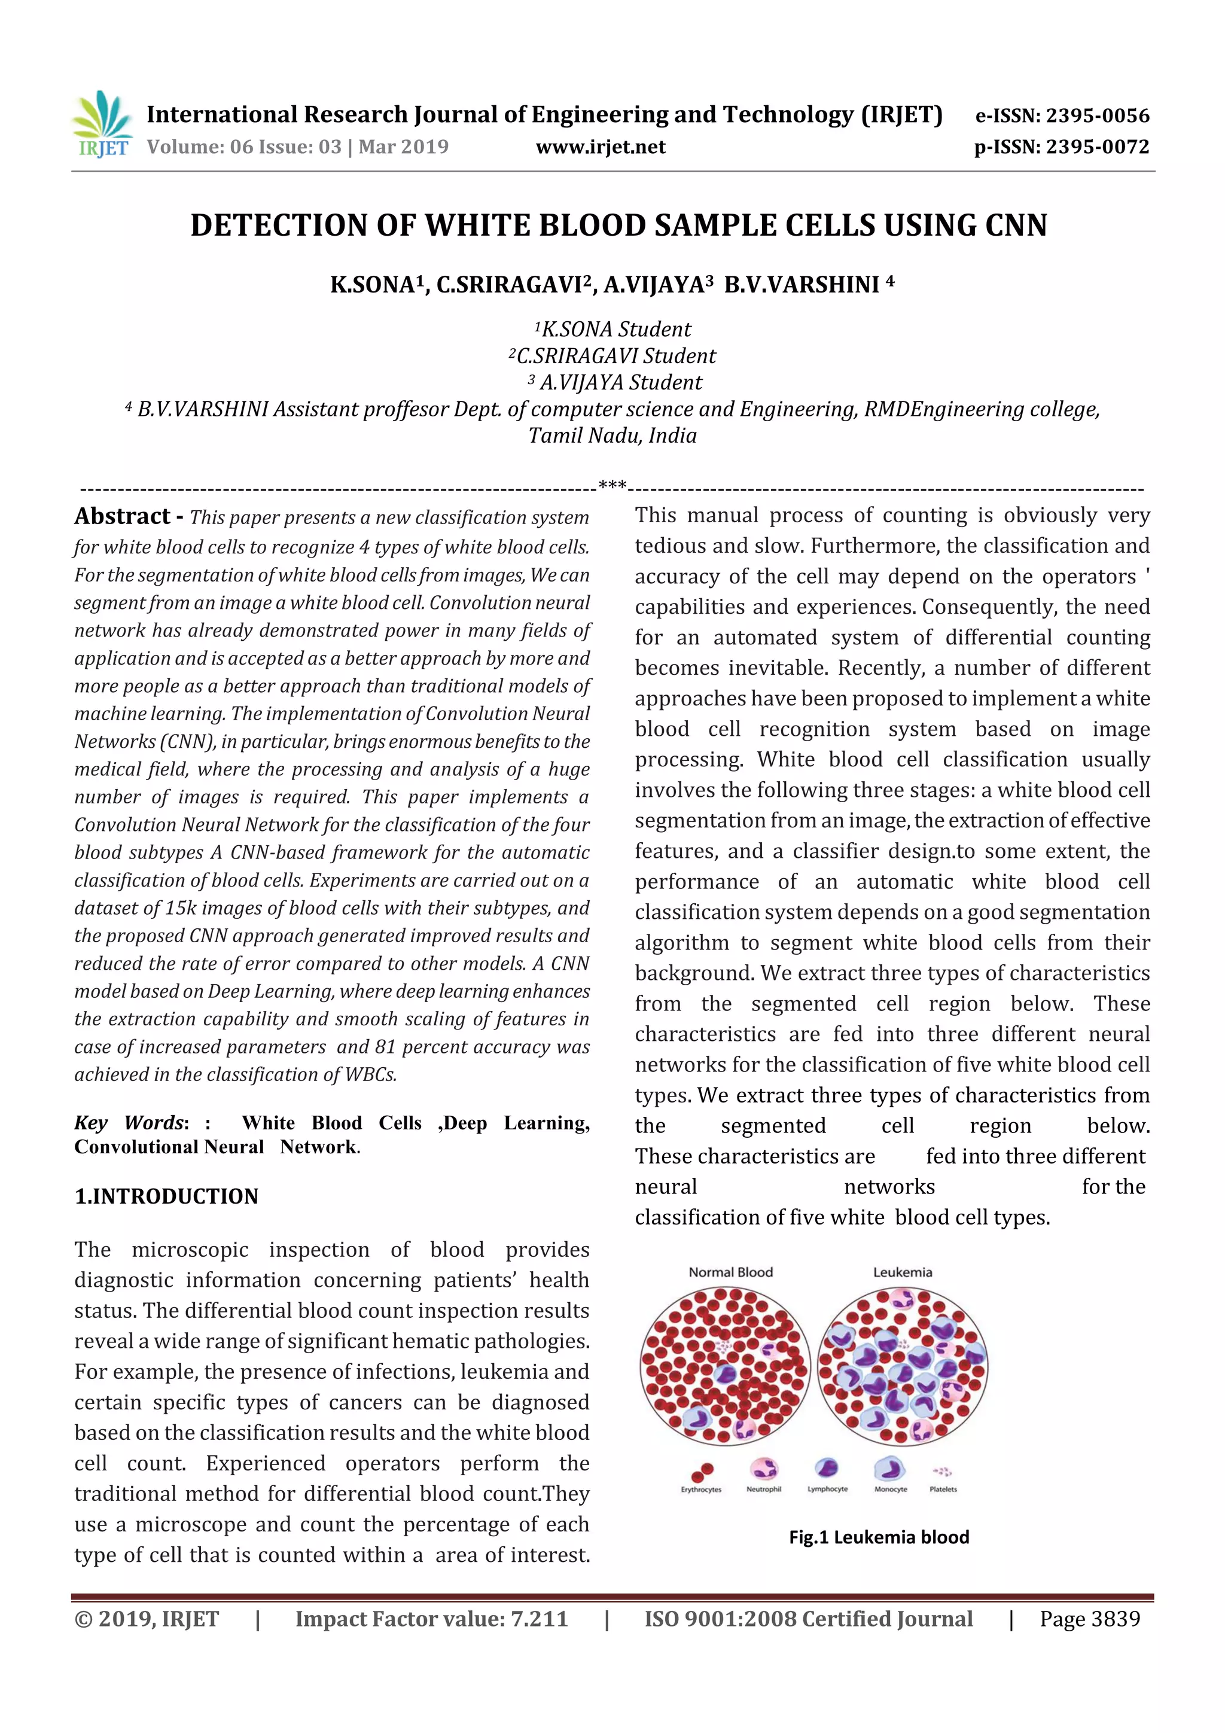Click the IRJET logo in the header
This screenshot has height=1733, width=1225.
coord(101,125)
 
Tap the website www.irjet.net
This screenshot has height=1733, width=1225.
coord(600,147)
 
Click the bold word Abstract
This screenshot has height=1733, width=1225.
coord(122,516)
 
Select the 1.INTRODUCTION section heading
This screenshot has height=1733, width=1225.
coord(166,1196)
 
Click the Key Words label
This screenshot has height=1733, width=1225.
coord(129,1123)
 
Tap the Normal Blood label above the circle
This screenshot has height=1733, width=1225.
coord(730,1272)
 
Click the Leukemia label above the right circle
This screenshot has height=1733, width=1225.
coord(902,1272)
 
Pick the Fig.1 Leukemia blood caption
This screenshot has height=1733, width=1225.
coord(879,1537)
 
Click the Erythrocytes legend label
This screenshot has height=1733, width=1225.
coord(700,1489)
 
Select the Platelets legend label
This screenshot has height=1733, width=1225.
coord(943,1489)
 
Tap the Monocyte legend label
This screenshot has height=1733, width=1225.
coord(890,1489)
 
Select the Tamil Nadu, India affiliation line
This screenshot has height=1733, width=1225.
coord(611,435)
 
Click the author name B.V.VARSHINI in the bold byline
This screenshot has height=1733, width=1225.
coord(802,285)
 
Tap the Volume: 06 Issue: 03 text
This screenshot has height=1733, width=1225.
coord(244,147)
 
